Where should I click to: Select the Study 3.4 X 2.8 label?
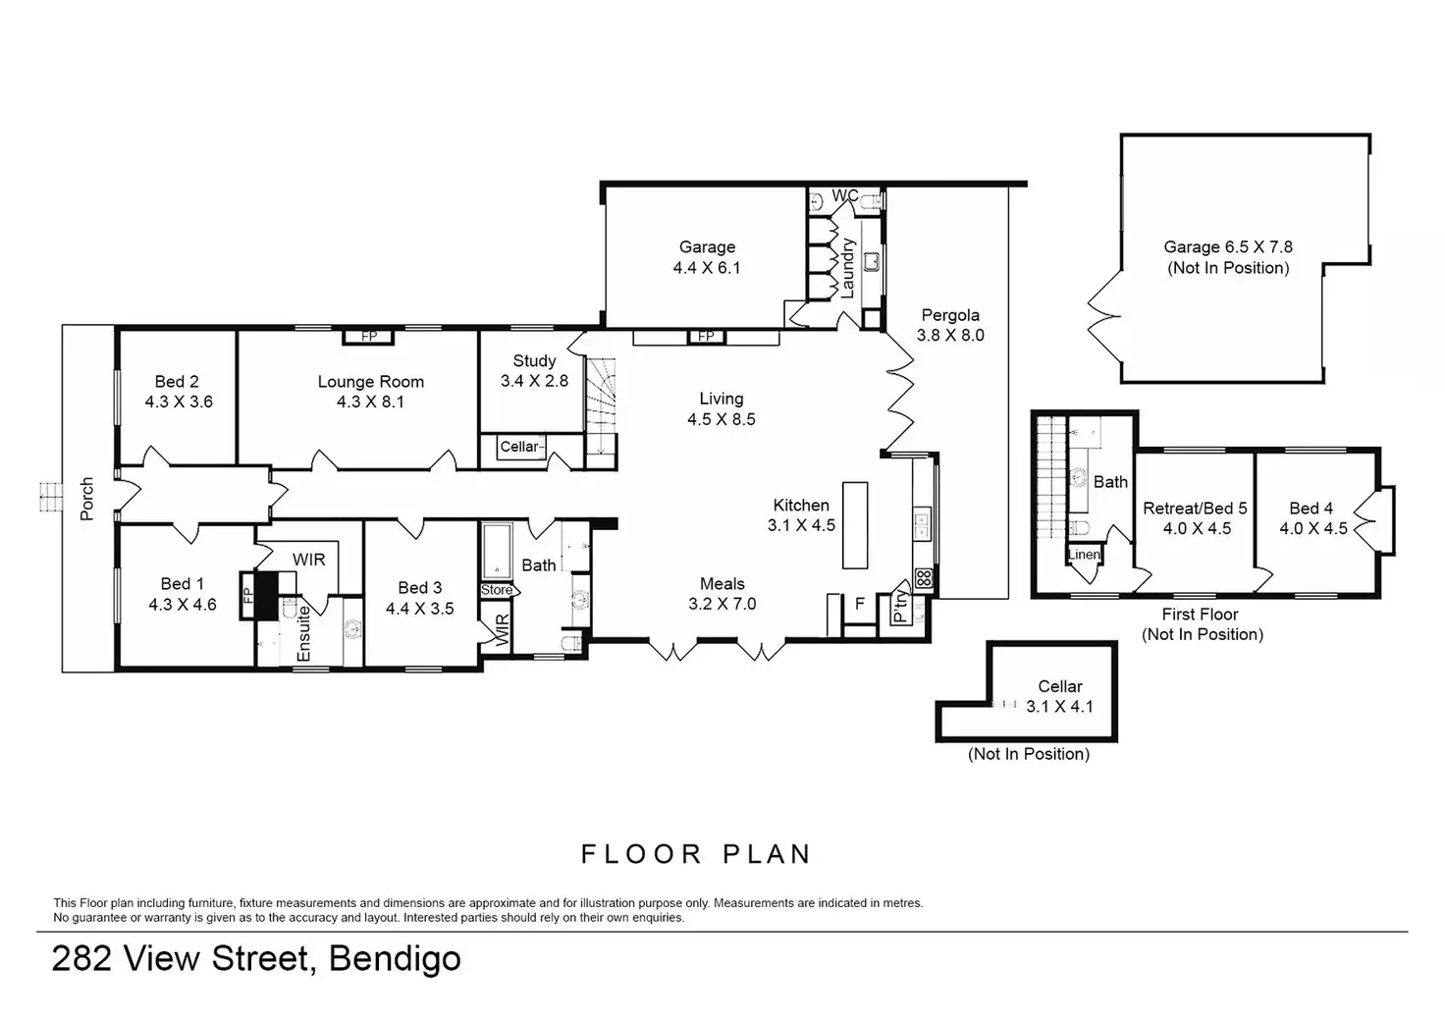pyautogui.click(x=534, y=370)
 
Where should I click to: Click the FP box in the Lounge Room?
pyautogui.click(x=369, y=337)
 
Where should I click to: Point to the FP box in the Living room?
pyautogui.click(x=706, y=337)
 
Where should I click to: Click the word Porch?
pyautogui.click(x=86, y=498)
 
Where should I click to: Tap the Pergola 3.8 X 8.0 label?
pyautogui.click(x=950, y=325)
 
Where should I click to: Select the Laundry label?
pyautogui.click(x=848, y=268)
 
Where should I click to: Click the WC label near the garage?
pyautogui.click(x=845, y=195)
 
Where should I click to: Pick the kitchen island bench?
pyautogui.click(x=855, y=524)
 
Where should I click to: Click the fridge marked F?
pyautogui.click(x=859, y=604)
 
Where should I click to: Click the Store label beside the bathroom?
pyautogui.click(x=497, y=590)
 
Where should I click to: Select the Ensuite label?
pyautogui.click(x=303, y=632)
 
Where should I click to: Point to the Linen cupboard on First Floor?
pyautogui.click(x=1084, y=555)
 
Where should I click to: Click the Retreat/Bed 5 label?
pyautogui.click(x=1196, y=517)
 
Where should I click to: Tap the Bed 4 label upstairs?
pyautogui.click(x=1311, y=517)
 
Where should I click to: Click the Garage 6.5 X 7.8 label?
pyautogui.click(x=1228, y=257)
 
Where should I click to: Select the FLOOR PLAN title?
pyautogui.click(x=696, y=854)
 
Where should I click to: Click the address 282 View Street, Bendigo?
pyautogui.click(x=256, y=958)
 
